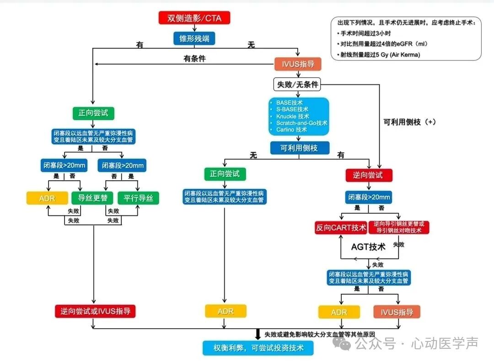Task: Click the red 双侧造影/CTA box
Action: point(194,18)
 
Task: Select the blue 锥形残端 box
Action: point(194,38)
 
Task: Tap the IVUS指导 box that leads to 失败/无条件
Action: point(298,64)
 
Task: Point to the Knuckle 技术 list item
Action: point(293,116)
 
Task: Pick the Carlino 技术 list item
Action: point(292,130)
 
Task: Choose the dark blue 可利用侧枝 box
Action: point(300,148)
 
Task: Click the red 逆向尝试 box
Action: point(369,175)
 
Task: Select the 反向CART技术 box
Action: point(341,228)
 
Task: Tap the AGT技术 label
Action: point(368,247)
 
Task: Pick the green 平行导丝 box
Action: point(138,198)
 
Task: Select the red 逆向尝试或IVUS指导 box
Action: point(96,311)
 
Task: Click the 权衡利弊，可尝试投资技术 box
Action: point(258,347)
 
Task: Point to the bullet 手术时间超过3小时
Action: point(366,33)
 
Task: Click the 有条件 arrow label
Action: point(194,58)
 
